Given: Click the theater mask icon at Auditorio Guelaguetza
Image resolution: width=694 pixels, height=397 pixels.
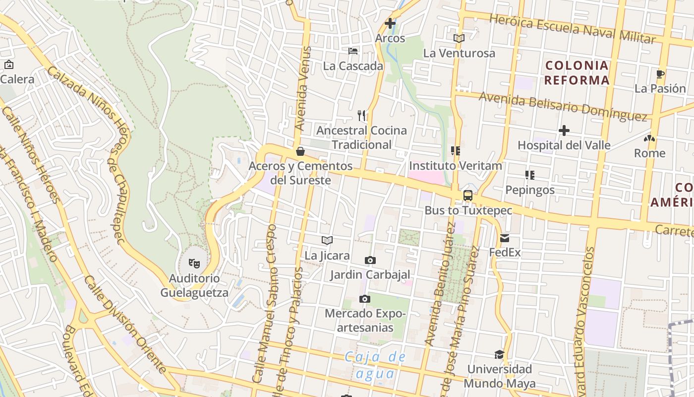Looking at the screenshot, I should [194, 263].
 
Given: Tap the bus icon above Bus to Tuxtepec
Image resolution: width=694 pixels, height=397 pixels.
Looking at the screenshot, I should [467, 196].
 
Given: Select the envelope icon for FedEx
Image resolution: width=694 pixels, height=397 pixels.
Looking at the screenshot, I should [505, 238].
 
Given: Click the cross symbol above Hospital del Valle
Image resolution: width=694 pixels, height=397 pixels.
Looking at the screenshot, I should [564, 131].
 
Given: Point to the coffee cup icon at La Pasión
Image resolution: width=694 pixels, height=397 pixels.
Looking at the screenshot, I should [660, 74].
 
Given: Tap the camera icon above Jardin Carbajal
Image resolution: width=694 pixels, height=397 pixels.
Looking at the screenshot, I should [370, 260].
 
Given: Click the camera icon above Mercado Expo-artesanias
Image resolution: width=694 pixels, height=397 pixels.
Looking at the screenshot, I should [365, 299].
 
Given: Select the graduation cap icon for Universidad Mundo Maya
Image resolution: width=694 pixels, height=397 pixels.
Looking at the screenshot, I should [499, 354].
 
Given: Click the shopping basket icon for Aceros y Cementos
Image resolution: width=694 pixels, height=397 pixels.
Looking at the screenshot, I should [300, 151].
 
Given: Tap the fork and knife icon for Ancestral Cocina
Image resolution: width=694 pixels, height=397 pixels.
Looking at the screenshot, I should [361, 116].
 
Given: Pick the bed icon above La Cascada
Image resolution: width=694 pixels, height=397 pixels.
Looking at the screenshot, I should [353, 51].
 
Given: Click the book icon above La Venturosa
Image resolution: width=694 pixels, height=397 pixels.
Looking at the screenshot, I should [459, 38].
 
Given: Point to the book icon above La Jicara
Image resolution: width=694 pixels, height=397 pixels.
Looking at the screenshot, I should [327, 241].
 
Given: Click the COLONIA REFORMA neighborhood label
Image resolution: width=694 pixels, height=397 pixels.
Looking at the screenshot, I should [577, 72].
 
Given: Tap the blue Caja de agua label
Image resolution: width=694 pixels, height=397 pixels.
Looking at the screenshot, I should [375, 365].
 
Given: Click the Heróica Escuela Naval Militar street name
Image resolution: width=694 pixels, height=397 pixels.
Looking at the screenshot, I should [579, 28].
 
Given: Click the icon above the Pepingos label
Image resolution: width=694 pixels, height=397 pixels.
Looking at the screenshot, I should [529, 175].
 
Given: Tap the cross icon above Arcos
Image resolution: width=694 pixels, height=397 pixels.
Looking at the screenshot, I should [390, 23].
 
